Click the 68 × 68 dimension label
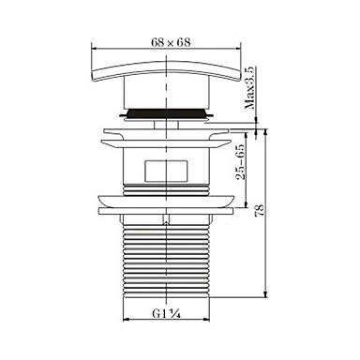[x=171, y=42]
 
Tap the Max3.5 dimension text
[x=250, y=87]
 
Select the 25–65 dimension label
[x=241, y=162]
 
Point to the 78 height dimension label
[x=260, y=210]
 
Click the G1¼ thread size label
[x=167, y=313]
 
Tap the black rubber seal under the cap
[x=167, y=113]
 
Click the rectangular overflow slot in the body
[x=167, y=172]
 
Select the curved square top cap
[x=167, y=71]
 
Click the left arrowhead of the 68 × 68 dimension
[x=94, y=49]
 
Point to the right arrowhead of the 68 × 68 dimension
[x=239, y=49]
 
